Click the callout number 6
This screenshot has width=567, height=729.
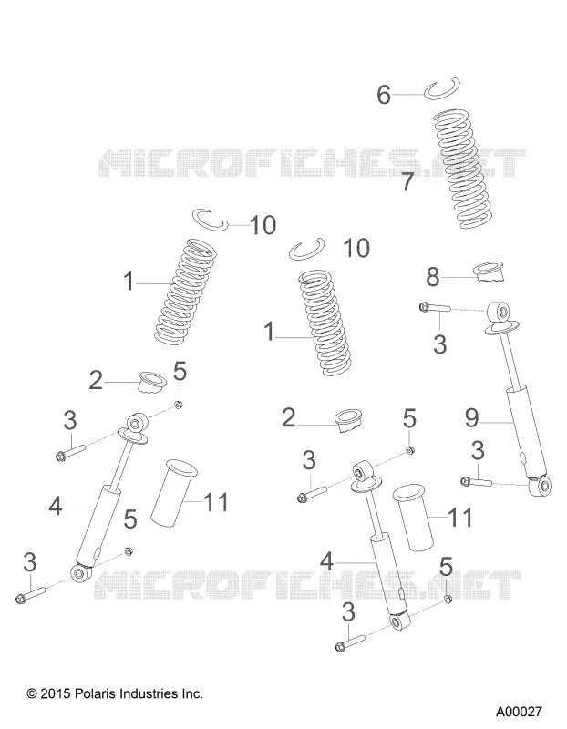[x=383, y=95]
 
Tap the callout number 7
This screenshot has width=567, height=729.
[x=407, y=181]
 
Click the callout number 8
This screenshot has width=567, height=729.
[x=433, y=278]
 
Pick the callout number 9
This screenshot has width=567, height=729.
[x=471, y=418]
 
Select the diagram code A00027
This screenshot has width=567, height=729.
[x=519, y=712]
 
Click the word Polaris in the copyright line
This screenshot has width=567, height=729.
[x=95, y=694]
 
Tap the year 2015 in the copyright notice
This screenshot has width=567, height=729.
[x=56, y=694]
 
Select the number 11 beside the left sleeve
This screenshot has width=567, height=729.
[x=216, y=502]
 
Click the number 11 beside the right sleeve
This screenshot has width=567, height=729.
[x=460, y=517]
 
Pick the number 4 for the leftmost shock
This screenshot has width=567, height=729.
[x=56, y=506]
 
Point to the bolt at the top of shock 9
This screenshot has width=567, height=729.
[x=435, y=307]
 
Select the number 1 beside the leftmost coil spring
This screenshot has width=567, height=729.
[x=129, y=282]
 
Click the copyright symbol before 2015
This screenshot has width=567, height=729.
[x=32, y=694]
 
